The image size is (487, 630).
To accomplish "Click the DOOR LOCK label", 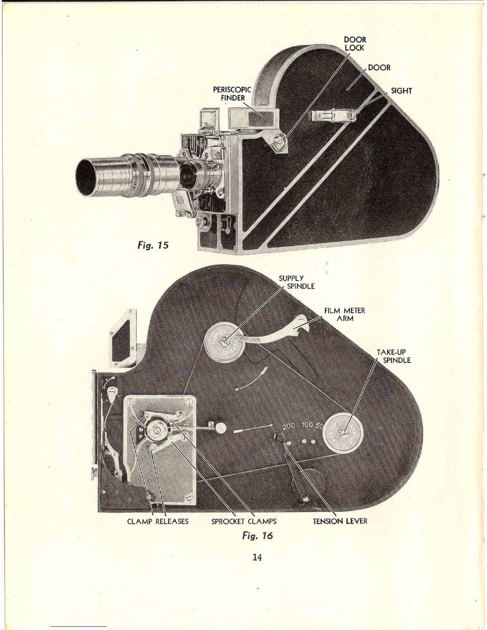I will pos(355,44).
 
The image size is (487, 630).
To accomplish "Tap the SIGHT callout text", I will pos(401,91).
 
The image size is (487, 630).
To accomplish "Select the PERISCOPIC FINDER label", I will pos(232,94).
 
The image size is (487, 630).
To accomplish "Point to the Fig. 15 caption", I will pos(153,245).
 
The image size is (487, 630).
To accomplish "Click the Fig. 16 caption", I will pos(257,535).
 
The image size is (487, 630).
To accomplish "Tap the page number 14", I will pos(257,557).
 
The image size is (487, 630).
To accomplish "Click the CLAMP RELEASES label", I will pos(158,521).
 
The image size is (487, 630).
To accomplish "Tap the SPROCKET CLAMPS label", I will pos(244,521).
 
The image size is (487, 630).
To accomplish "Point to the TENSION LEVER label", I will pos(340,521).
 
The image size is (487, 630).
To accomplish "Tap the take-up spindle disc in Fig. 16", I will pos(343,432).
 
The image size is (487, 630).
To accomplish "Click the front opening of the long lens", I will pos(87,177).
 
